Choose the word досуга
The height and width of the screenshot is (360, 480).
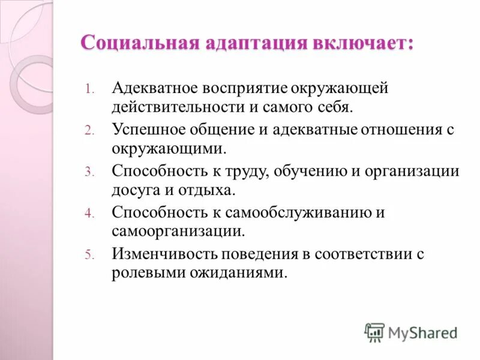[x=136, y=191]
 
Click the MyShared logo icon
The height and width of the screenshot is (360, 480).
[x=374, y=332]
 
